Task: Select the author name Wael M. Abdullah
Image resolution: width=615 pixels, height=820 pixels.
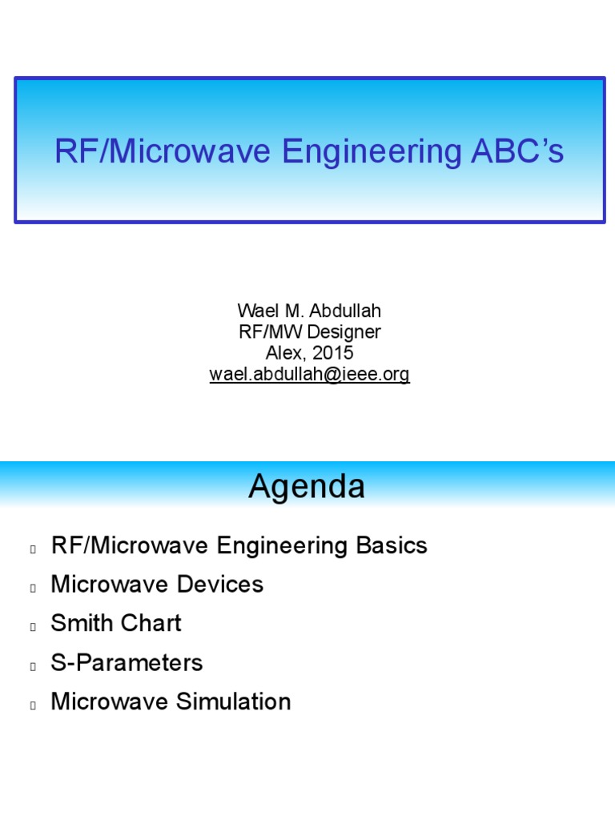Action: (309, 311)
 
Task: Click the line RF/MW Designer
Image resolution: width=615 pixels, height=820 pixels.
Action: (309, 332)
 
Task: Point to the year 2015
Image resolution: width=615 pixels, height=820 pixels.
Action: (334, 353)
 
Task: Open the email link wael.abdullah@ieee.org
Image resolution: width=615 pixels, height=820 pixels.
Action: (309, 375)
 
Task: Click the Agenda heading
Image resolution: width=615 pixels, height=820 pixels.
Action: (307, 487)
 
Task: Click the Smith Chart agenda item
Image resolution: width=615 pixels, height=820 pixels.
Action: (116, 623)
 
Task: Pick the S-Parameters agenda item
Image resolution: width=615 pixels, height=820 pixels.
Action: (127, 662)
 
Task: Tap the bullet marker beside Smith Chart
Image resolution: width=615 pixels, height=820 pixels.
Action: (33, 626)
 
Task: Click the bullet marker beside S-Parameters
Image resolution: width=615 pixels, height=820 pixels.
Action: (33, 665)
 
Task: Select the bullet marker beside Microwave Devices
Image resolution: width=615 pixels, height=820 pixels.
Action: (33, 588)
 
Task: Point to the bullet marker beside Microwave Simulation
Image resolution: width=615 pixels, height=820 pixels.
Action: (33, 705)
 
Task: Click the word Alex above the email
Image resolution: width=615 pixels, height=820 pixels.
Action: (282, 353)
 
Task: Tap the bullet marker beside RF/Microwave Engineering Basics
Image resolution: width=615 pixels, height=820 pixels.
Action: (33, 549)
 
